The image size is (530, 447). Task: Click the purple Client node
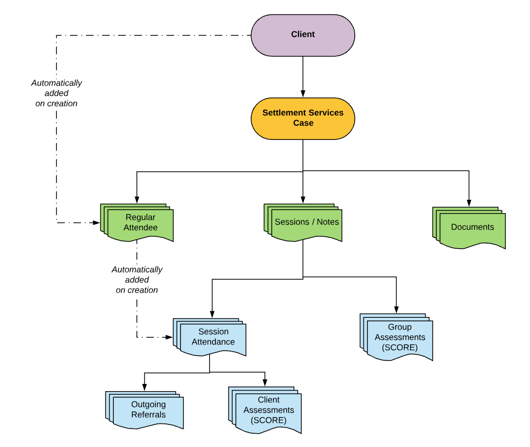(302, 35)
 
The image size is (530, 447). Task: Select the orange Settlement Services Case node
(302, 118)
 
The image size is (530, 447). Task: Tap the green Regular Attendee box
(140, 223)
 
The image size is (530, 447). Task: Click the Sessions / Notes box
(307, 222)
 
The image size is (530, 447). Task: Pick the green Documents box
(472, 227)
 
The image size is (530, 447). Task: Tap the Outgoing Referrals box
(148, 410)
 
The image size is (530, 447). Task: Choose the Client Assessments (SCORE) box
(268, 411)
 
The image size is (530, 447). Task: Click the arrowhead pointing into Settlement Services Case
(303, 94)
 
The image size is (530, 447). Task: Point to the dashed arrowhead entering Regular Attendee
(96, 222)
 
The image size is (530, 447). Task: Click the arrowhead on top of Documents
(469, 203)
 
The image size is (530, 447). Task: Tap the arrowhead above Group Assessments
(396, 309)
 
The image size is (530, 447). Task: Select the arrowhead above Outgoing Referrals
(145, 388)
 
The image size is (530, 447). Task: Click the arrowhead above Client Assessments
(265, 382)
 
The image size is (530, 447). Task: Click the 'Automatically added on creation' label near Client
(56, 93)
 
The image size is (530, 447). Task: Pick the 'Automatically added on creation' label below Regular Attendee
(137, 279)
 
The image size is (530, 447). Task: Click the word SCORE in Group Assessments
(399, 348)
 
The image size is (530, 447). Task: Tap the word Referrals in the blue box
(148, 415)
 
